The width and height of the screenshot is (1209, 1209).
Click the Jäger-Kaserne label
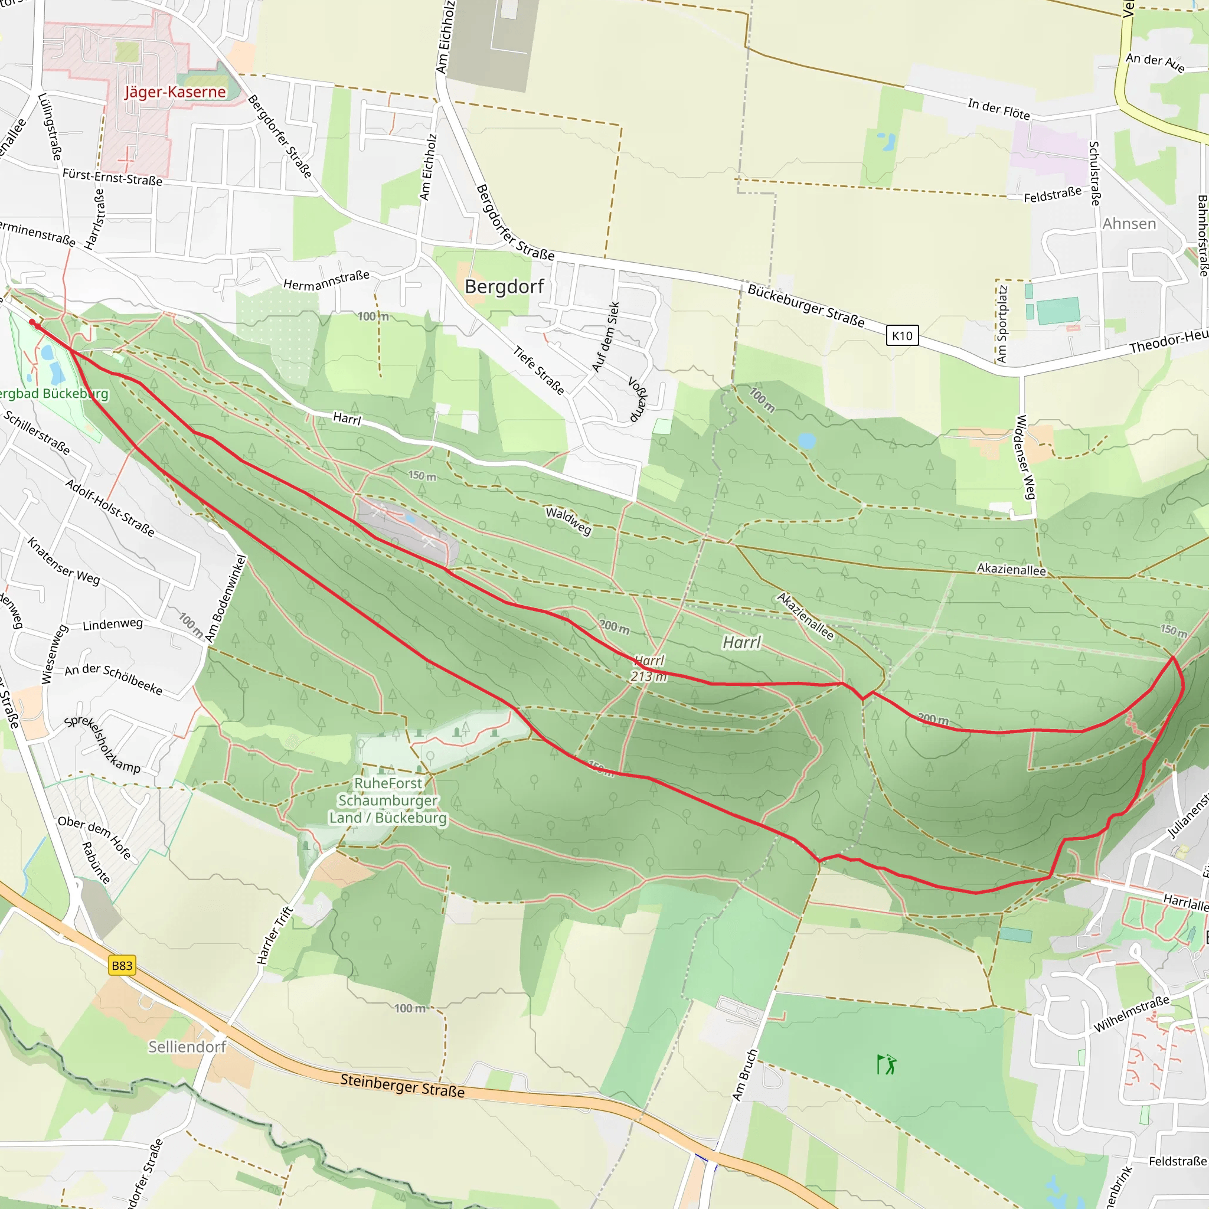point(175,92)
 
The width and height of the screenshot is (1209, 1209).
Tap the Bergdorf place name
point(504,286)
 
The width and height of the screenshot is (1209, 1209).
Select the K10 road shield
point(902,335)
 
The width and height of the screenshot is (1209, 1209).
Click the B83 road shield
point(122,965)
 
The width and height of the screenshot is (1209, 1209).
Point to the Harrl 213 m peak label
point(648,668)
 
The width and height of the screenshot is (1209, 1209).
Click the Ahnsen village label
point(1129,223)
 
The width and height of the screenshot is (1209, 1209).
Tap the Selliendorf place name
point(187,1046)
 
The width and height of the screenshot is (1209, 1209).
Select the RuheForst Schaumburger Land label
point(388,800)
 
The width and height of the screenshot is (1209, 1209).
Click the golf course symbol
point(886,1064)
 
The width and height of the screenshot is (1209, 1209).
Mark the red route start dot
point(32,322)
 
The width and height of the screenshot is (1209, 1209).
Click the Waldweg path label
point(568,521)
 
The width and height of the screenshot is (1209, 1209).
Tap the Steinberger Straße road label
point(403,1085)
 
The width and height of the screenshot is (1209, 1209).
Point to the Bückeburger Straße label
point(806,306)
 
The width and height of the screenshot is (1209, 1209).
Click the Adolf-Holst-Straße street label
point(110,508)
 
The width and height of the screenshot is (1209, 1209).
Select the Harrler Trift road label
point(275,935)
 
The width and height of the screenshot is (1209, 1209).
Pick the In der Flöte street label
point(998,109)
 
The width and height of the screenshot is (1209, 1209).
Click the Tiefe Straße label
point(539,371)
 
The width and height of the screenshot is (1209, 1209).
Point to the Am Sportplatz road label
point(1002,324)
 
